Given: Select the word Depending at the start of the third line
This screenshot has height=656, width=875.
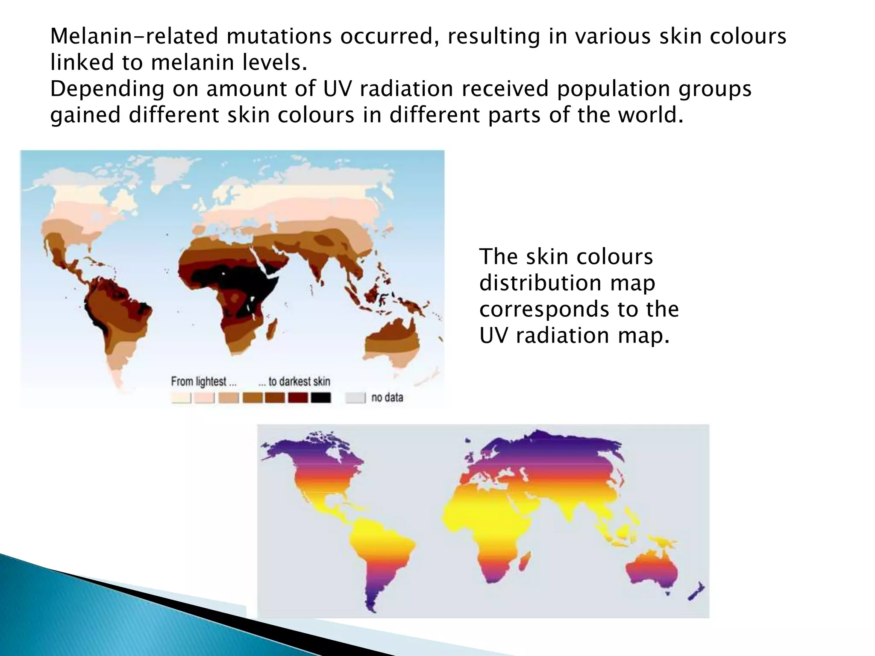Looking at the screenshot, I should (x=107, y=89).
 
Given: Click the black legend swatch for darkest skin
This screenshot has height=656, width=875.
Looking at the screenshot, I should (x=320, y=398).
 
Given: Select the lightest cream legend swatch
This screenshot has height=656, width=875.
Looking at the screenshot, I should (x=181, y=398).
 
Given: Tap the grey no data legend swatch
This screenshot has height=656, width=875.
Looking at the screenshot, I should (x=355, y=398).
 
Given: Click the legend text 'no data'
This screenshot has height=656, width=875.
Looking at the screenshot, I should (x=387, y=398).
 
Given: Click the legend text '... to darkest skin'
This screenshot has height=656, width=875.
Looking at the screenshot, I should (x=294, y=381).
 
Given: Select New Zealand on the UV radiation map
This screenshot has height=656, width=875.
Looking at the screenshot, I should (x=696, y=591).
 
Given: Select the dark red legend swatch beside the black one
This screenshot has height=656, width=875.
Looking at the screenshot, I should (x=298, y=398).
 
